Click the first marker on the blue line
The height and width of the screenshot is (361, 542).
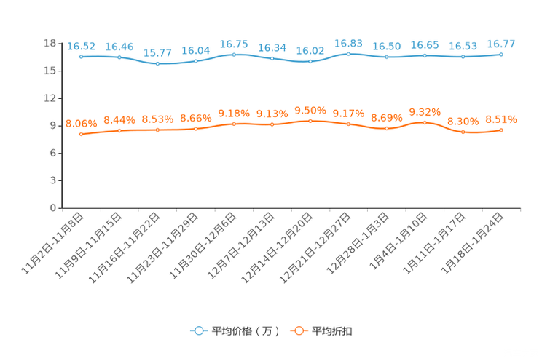click(x=81, y=56)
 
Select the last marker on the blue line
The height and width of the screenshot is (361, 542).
click(x=501, y=54)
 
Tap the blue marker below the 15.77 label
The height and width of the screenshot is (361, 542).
click(x=157, y=63)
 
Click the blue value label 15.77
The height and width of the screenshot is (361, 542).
click(x=157, y=53)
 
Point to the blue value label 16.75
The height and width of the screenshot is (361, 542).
click(x=234, y=44)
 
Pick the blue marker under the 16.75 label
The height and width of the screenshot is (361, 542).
click(x=234, y=55)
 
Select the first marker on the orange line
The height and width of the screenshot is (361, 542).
click(x=81, y=135)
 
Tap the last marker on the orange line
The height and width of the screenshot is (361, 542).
click(x=501, y=130)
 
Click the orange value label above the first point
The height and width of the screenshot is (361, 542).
click(x=81, y=124)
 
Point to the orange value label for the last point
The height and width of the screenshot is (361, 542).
click(x=501, y=119)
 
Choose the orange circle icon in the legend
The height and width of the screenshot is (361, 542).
click(x=298, y=330)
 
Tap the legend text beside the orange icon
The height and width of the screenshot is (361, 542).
click(x=333, y=331)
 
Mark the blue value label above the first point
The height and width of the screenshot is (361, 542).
click(x=81, y=46)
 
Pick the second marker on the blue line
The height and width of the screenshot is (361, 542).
click(x=119, y=57)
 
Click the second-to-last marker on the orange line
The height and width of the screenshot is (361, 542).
click(x=463, y=132)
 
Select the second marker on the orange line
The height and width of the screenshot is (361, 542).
click(x=119, y=130)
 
